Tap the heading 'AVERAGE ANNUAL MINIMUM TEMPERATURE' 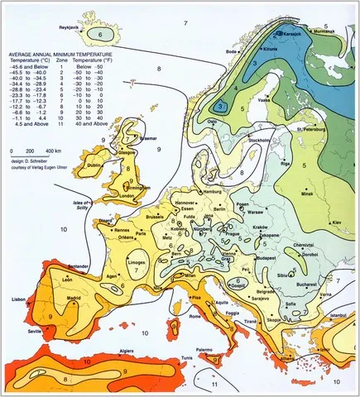(63, 53)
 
